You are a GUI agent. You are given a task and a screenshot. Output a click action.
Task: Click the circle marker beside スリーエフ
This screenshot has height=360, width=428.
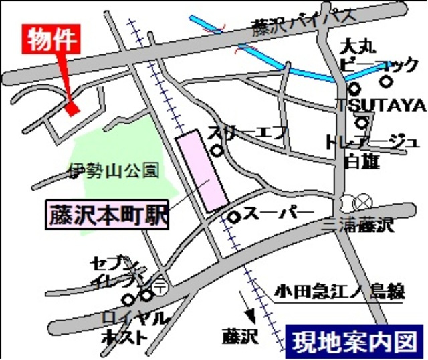[x=217, y=151]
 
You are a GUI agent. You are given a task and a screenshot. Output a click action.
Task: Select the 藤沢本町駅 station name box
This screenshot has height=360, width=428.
[x=107, y=215]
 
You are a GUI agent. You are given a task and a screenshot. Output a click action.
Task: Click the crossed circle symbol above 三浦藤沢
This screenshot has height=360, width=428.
[x=362, y=201]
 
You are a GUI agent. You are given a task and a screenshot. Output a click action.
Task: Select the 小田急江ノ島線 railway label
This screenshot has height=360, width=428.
[x=340, y=292]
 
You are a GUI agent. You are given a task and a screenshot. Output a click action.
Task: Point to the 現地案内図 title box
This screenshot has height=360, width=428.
[x=354, y=340]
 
